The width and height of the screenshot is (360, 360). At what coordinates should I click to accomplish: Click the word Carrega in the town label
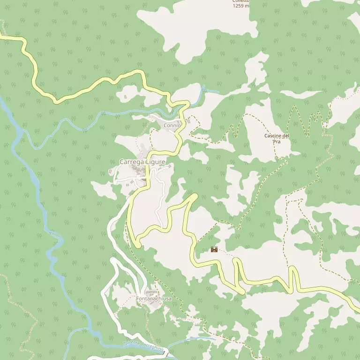pyautogui.click(x=132, y=162)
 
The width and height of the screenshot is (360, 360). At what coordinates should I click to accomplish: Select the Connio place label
pyautogui.click(x=172, y=126)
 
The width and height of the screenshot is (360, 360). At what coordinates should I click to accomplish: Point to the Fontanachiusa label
pyautogui.click(x=154, y=299)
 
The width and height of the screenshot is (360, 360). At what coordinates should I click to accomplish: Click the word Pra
pyautogui.click(x=277, y=141)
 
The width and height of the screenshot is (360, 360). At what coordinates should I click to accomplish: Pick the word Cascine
pyautogui.click(x=272, y=135)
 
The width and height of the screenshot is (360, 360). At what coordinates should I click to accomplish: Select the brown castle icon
pyautogui.click(x=214, y=249)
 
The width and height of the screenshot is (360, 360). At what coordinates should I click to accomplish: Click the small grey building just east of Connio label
pyautogui.click(x=188, y=121)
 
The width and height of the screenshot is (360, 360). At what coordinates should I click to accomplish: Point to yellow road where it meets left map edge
pyautogui.click(x=1, y=37)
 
